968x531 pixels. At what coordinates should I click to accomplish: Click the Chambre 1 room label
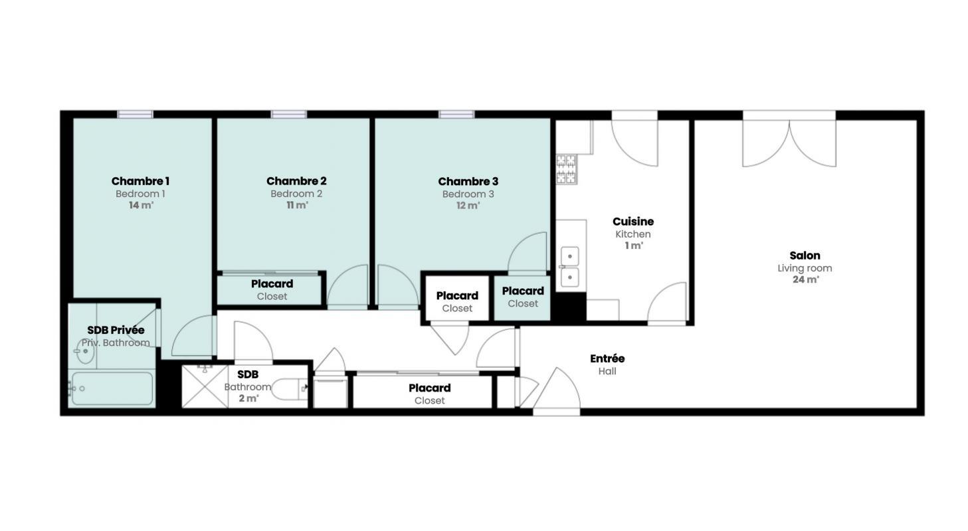(140, 181)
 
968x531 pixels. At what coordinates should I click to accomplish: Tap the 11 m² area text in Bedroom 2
(298, 205)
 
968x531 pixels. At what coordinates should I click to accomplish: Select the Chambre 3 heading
(468, 181)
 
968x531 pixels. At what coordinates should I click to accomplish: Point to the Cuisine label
(633, 222)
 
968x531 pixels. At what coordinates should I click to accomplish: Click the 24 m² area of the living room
(805, 279)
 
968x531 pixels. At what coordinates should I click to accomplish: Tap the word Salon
(805, 255)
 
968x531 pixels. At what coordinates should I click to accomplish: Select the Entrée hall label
(607, 358)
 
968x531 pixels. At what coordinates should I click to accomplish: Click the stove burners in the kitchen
(566, 169)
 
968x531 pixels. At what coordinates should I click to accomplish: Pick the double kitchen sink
(569, 267)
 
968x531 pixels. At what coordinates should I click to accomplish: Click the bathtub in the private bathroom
(112, 388)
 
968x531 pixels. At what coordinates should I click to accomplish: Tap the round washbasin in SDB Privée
(84, 351)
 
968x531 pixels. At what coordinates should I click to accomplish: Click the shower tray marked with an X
(205, 387)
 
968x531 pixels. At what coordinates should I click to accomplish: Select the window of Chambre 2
(288, 114)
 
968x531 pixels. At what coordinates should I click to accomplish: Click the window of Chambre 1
(136, 114)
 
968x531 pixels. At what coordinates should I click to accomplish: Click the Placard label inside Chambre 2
(272, 283)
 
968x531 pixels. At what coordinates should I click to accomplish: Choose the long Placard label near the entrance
(430, 388)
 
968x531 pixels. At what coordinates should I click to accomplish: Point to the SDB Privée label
(116, 330)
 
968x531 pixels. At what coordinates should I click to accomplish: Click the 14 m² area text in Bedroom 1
(142, 205)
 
